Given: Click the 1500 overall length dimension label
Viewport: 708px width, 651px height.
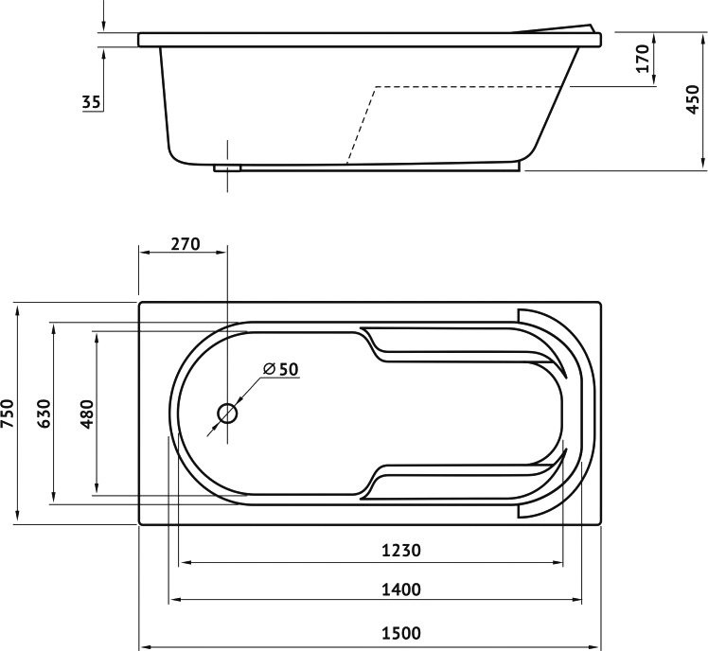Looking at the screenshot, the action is [x=401, y=633].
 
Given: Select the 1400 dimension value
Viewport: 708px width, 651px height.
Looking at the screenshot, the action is [x=401, y=589].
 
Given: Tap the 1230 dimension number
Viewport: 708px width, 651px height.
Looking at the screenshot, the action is [x=401, y=551].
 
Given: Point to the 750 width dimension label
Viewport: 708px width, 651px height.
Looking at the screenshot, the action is [x=8, y=413].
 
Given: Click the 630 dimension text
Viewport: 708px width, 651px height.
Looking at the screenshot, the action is [x=44, y=413].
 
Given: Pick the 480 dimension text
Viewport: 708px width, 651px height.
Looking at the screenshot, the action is [x=86, y=413].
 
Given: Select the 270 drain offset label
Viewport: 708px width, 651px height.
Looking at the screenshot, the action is [x=186, y=244].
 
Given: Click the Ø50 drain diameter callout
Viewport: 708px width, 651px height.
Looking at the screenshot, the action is [x=281, y=369].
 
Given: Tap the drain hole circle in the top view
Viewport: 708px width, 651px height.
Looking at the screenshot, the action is [x=227, y=413].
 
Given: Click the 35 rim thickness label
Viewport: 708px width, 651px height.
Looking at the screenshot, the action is [x=91, y=102].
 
